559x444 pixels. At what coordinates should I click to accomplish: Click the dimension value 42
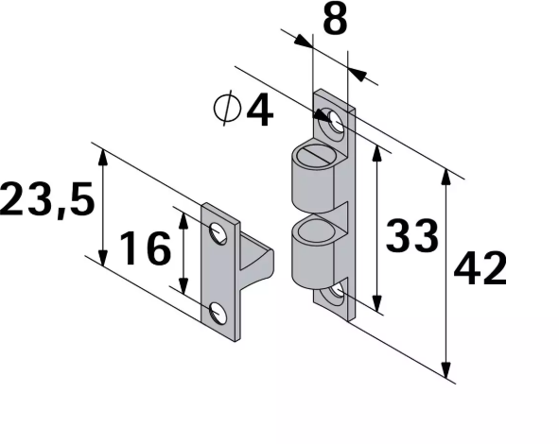pos(480,269)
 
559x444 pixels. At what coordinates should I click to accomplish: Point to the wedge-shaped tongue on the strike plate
pos(256,265)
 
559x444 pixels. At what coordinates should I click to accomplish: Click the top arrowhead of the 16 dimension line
pos(183,213)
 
